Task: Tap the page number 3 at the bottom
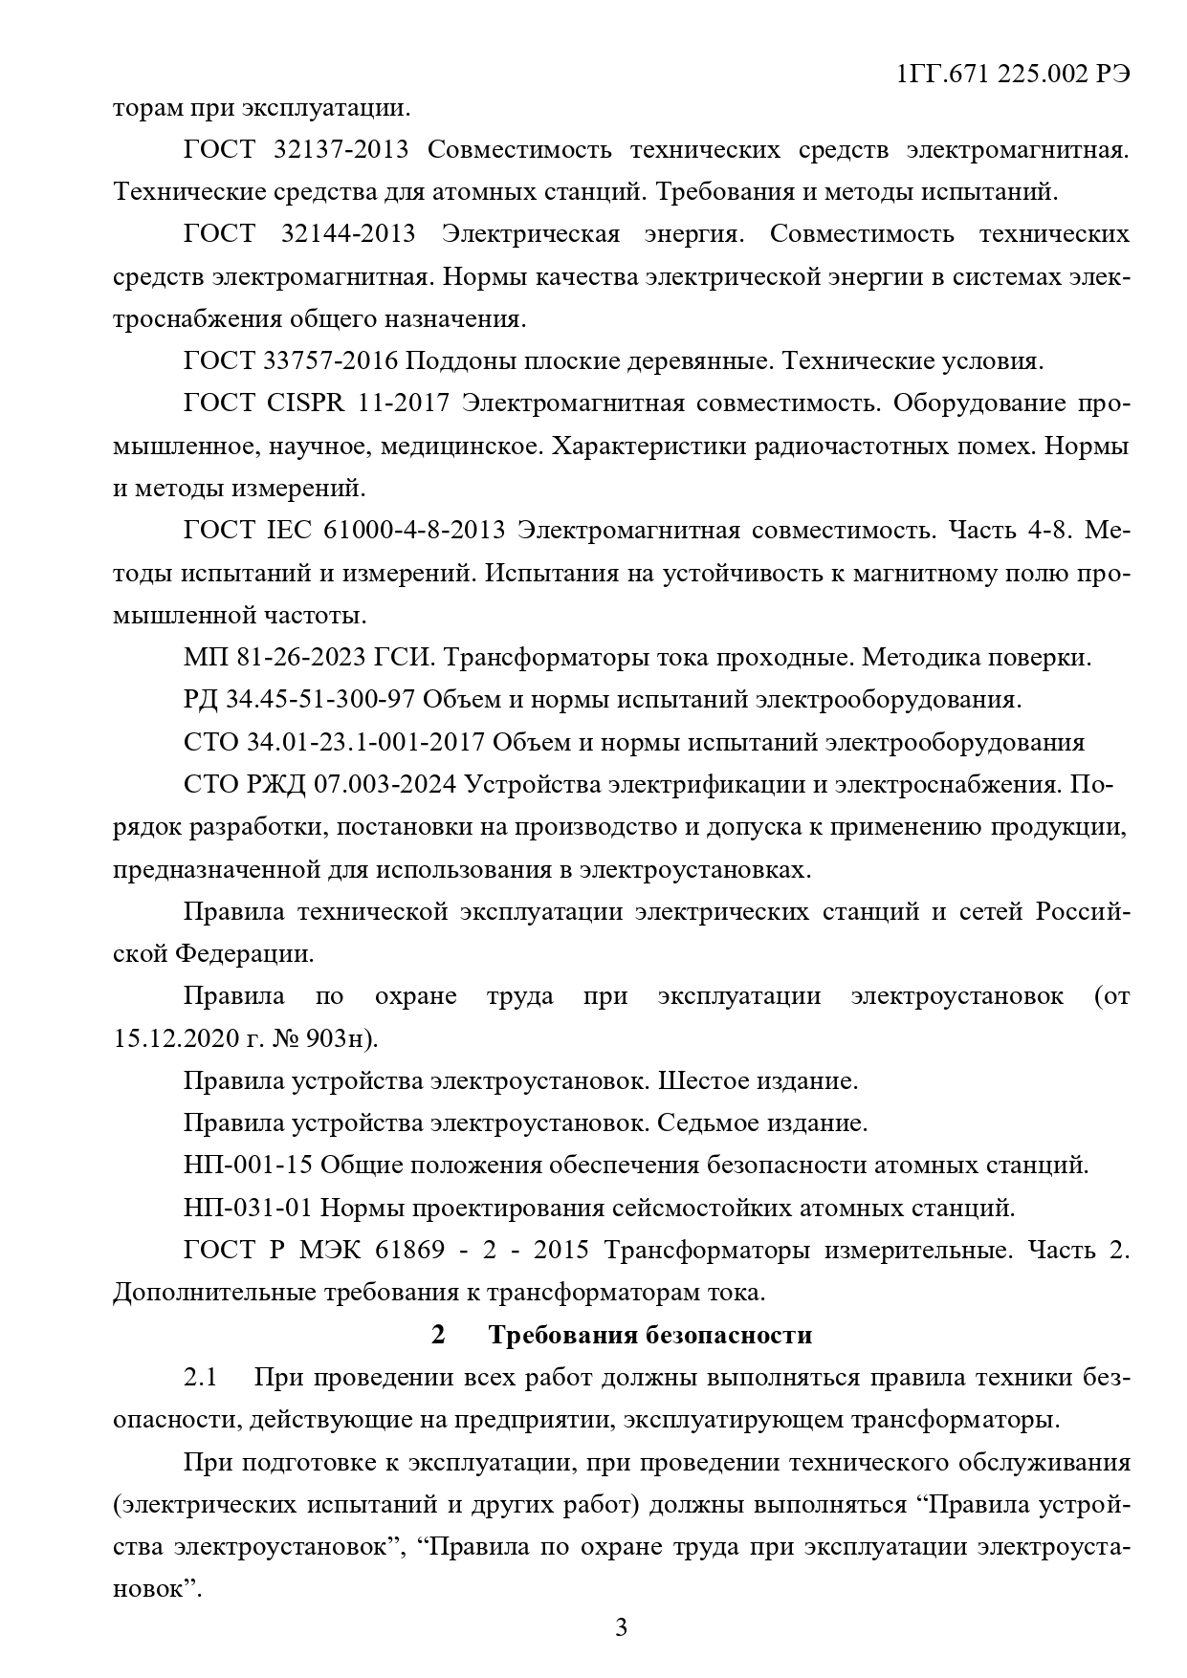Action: pos(621,1626)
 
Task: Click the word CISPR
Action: pos(307,403)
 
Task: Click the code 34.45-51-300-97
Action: pos(319,700)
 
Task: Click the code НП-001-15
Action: pos(248,1166)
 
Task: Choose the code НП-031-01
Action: pos(248,1208)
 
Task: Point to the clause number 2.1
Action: pos(201,1378)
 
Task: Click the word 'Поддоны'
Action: pos(454,361)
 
